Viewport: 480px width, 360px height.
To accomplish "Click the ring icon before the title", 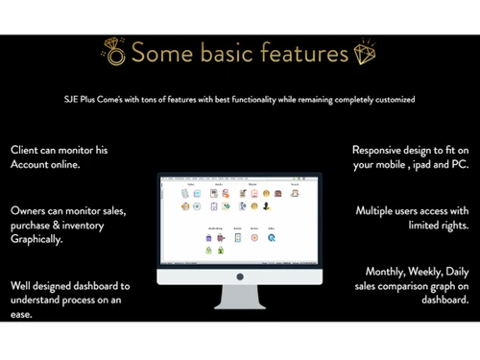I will pos(114,53).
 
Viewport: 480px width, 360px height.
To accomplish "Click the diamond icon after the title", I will pos(365,53).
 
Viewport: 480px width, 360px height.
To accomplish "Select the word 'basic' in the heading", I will pos(218,52).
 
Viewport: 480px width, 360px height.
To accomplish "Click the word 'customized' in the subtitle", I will pos(397,100).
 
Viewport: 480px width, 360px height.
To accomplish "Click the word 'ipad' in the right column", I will pos(424,166).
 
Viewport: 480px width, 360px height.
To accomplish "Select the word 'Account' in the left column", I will pos(36,166).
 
